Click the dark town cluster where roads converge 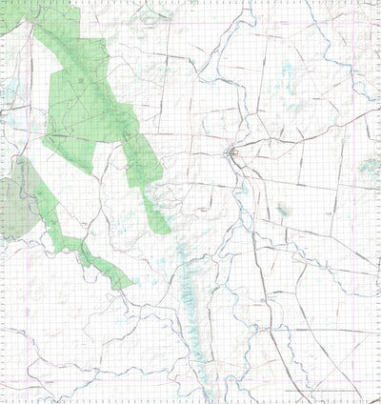click(x=231, y=152)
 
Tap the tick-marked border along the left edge click(x=3, y=286)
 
